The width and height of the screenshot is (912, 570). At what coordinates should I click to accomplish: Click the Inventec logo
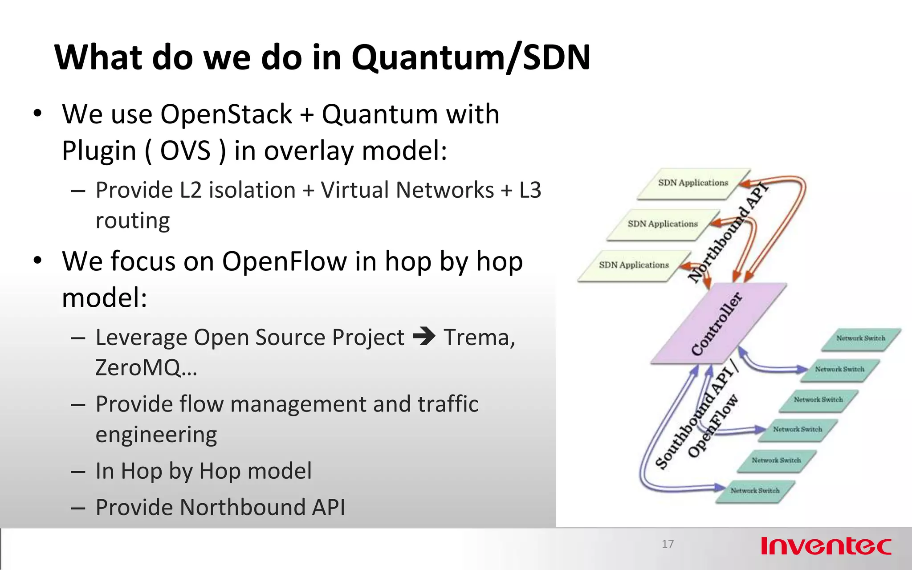(x=826, y=546)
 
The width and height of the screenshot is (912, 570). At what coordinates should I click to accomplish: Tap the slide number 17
(x=668, y=544)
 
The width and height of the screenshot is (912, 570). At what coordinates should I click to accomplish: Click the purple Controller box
(x=718, y=324)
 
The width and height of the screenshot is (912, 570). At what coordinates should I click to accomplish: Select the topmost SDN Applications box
(x=693, y=183)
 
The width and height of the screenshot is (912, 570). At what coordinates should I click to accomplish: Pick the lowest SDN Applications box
(x=633, y=265)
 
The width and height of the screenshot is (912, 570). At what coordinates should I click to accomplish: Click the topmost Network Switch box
(x=860, y=338)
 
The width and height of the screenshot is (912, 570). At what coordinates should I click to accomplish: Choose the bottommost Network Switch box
(x=755, y=491)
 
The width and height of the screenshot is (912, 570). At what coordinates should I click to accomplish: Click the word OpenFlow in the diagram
(x=712, y=426)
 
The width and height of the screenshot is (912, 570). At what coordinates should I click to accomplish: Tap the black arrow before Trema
(x=424, y=336)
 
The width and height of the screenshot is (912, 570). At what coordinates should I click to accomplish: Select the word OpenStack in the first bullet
(x=226, y=114)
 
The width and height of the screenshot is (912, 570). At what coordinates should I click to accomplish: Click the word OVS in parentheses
(x=185, y=151)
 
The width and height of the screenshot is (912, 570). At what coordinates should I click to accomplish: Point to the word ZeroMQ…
(x=146, y=368)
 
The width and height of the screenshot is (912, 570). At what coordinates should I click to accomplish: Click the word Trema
(x=479, y=337)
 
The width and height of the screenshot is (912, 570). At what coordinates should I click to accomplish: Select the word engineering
(x=156, y=435)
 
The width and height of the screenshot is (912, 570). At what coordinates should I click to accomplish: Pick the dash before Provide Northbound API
(x=78, y=508)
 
